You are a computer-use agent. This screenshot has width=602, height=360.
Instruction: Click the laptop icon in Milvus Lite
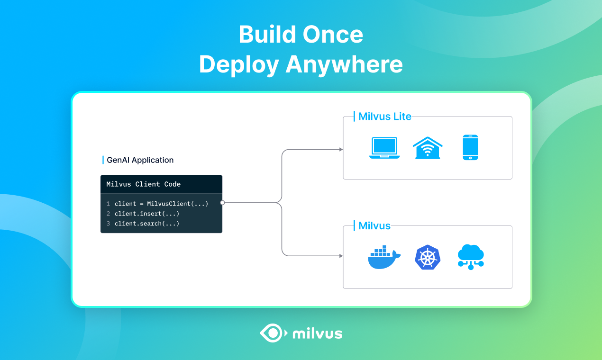pos(384,148)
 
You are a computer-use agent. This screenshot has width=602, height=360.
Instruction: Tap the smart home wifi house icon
pos(427,148)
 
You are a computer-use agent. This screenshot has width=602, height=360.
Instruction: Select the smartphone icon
pos(470,148)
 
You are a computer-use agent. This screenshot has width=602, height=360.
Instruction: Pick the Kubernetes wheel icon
pos(428,258)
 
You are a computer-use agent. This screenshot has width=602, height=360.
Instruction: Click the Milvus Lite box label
pos(384,117)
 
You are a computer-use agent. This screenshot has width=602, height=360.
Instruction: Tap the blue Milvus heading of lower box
pos(374,226)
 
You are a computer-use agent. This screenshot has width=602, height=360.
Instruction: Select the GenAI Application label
pos(140,160)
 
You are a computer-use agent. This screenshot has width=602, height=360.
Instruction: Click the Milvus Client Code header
pos(144,184)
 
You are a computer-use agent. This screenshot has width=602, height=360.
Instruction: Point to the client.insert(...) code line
pos(147,214)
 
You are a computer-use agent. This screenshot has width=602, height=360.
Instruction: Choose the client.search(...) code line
pos(147,224)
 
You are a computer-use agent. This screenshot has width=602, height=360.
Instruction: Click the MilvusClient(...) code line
pos(161,204)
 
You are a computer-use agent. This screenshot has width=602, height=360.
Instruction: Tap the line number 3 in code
pos(108,224)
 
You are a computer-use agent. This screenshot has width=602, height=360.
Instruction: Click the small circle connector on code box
pos(222,203)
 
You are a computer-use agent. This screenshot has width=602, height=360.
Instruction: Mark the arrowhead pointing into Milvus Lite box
pos(341,150)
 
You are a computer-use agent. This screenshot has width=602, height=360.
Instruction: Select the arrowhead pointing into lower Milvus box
pos(341,256)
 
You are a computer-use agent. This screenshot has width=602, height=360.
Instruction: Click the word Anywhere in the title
pos(344,64)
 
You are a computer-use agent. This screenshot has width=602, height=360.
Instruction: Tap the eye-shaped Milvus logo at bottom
pos(273,333)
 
